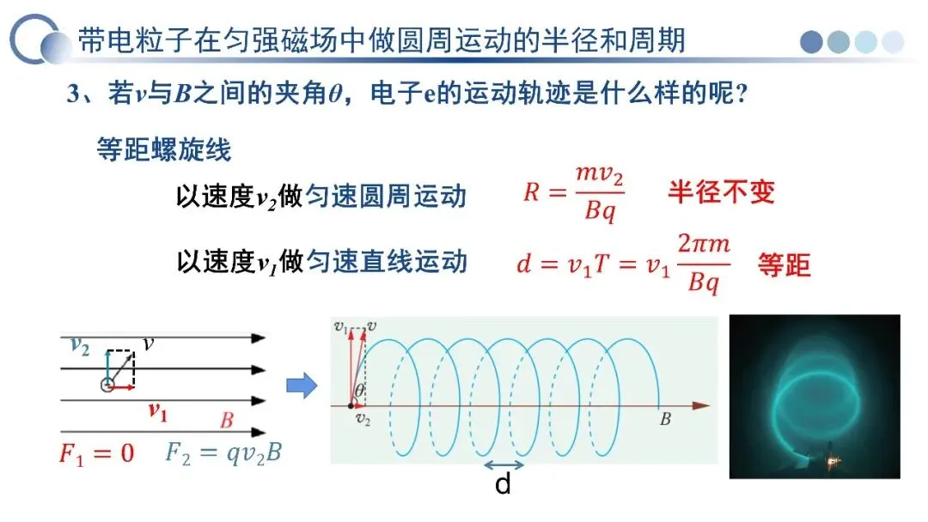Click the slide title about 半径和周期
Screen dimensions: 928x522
coord(382,39)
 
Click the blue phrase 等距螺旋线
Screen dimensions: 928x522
coord(163,150)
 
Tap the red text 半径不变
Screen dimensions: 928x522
coord(721,191)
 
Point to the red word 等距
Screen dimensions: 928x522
coord(784,264)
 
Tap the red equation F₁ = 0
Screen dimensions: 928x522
coord(96,453)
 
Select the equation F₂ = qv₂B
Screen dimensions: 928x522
coord(223,452)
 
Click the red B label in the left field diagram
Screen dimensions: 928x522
coord(226,421)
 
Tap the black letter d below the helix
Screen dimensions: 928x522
coord(503,486)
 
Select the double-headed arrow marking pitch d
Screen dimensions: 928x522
coord(504,465)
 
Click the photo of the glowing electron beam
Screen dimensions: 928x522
coord(814,396)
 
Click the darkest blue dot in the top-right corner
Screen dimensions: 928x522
coord(812,41)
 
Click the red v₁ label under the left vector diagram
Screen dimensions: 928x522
coord(156,411)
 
